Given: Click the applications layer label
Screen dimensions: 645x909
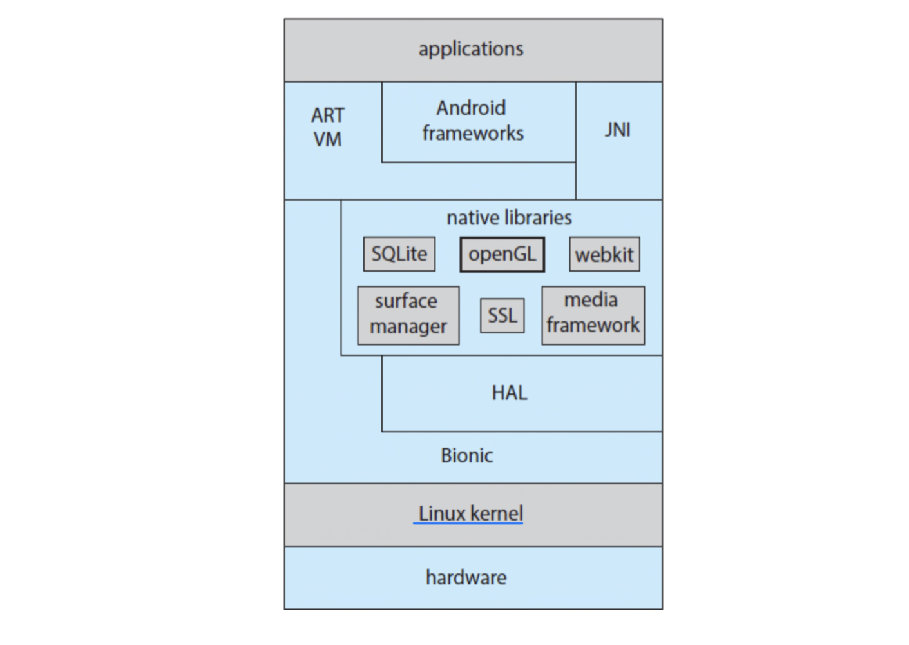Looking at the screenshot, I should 471,49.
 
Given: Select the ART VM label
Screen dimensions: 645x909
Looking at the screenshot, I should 328,127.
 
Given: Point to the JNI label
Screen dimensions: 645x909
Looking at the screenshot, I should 617,130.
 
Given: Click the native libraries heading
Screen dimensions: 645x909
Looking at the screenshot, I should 509,218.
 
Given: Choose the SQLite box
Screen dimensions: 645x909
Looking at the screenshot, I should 399,254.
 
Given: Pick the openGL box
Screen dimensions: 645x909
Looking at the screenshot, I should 502,254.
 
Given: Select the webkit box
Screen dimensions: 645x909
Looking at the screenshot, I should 604,255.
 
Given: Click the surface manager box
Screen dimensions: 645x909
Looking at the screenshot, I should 408,315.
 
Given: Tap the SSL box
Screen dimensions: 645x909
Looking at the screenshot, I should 502,315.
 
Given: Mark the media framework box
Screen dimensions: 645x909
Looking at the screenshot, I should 593,315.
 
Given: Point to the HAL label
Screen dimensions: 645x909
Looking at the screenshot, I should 509,393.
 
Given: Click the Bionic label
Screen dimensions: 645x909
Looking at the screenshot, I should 467,455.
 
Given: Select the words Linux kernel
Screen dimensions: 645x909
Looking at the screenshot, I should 470,513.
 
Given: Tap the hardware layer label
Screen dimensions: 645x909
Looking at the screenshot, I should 466,577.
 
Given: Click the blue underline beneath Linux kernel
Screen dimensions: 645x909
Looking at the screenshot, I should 468,523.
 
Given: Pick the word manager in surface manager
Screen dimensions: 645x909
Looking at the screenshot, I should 408,327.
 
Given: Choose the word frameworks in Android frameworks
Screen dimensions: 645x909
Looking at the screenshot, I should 473,134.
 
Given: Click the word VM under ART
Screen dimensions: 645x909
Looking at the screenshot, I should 327,139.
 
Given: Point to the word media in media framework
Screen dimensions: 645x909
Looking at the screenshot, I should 591,300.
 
